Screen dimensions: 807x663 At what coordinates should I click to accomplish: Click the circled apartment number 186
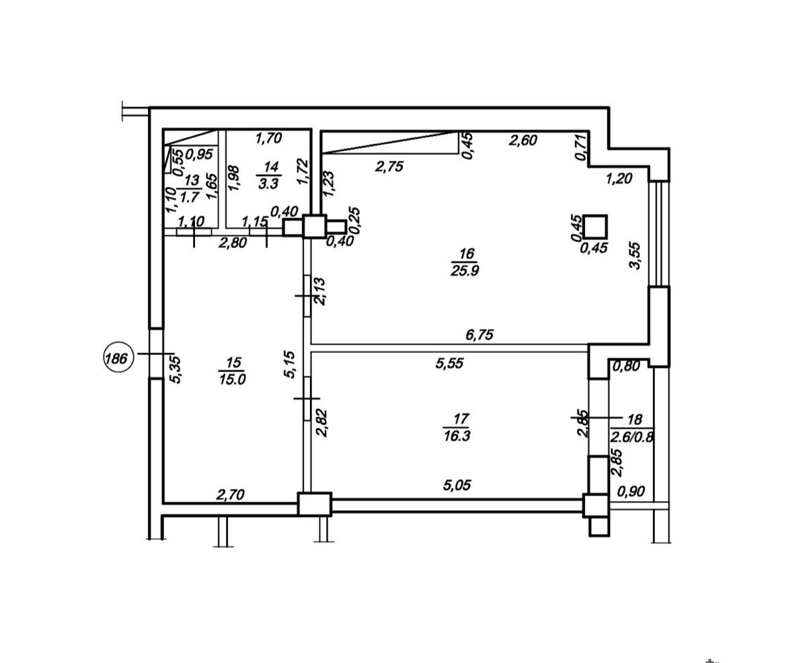pos(118,358)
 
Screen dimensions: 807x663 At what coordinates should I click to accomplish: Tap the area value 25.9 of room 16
pos(465,271)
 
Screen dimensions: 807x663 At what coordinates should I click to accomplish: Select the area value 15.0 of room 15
pos(232,379)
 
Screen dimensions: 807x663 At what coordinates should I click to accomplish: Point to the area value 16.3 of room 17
pos(457,436)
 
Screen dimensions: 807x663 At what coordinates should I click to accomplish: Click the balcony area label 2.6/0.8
pos(631,436)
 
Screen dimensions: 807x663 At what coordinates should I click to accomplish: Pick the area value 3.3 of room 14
pos(268,184)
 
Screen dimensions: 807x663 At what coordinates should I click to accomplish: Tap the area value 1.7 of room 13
pos(190,197)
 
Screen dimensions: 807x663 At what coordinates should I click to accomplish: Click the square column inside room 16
pos(595,227)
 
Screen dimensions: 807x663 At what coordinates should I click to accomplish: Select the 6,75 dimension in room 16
pos(479,335)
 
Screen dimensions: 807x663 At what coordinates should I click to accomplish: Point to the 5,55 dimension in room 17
pos(449,363)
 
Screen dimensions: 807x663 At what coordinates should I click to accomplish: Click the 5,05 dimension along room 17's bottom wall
pos(457,485)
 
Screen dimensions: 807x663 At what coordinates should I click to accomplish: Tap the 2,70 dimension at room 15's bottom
pos(230,495)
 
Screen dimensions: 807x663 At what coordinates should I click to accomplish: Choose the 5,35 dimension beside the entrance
pos(176,370)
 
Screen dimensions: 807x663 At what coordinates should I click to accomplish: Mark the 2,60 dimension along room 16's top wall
pos(523,140)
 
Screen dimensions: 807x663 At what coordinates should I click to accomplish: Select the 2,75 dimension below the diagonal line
pos(389,166)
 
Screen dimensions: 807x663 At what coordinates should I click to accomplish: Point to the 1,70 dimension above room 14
pos(268,138)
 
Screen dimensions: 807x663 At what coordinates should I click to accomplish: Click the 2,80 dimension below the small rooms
pos(232,243)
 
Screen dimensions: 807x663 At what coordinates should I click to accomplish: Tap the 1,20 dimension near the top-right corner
pos(619,178)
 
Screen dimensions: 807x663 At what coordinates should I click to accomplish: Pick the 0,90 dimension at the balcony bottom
pos(631,491)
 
